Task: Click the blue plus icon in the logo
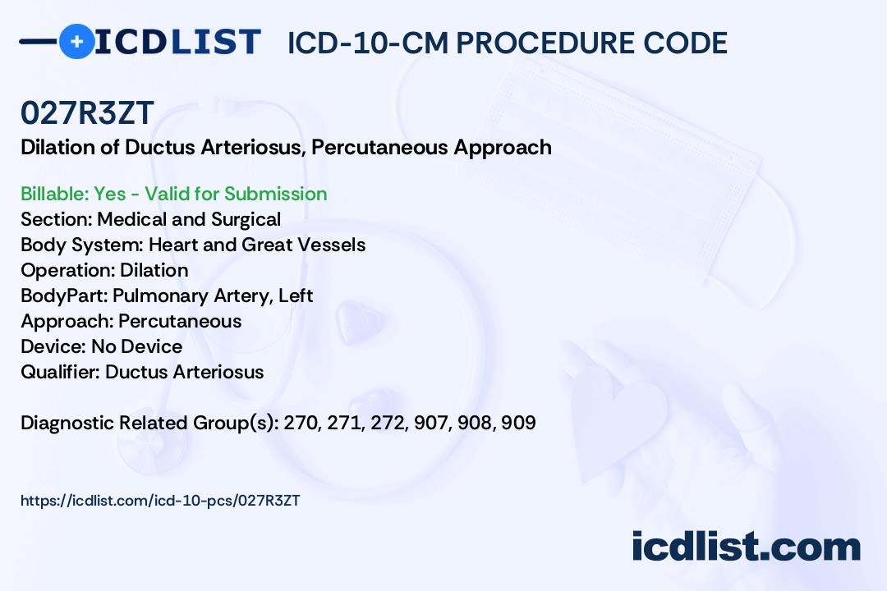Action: point(76,42)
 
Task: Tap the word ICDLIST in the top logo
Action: point(177,42)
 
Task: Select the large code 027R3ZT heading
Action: point(87,112)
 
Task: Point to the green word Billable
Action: point(54,194)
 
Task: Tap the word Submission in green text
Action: point(275,194)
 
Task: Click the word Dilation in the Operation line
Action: point(154,270)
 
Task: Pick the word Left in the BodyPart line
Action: point(296,295)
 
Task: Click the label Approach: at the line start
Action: point(67,321)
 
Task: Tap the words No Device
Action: point(137,346)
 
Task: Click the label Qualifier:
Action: point(61,372)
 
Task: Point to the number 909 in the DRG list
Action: point(518,423)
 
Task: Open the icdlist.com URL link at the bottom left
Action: point(160,501)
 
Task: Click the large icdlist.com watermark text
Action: point(746,546)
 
